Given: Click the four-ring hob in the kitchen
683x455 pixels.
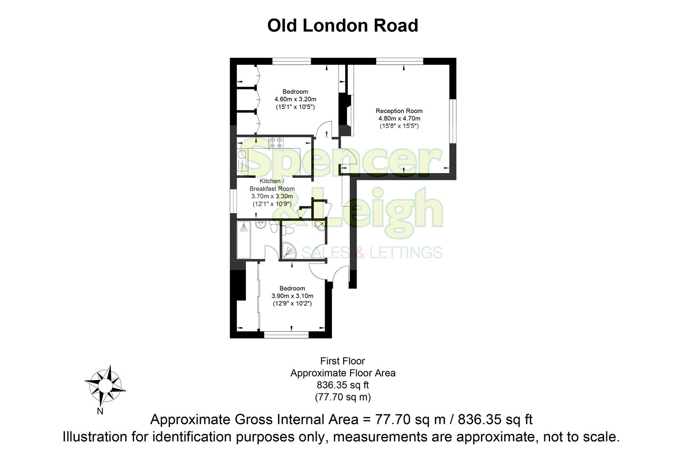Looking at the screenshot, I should click(276, 142).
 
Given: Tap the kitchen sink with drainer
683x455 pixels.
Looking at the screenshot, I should click(243, 161).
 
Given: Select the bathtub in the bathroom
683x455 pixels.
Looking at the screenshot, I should click(244, 240).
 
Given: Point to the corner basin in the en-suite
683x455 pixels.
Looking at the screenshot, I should click(320, 225).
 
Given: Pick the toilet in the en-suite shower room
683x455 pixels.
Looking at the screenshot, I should click(288, 230).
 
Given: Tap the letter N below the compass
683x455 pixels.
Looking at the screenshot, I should click(100, 412).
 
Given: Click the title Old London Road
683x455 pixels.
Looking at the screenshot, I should click(342, 25).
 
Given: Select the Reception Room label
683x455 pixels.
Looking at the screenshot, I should click(399, 111).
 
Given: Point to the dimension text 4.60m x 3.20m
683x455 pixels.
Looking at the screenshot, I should click(295, 99).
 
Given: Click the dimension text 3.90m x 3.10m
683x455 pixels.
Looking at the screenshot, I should click(292, 296).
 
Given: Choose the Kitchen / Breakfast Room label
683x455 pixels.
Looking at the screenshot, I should click(272, 185).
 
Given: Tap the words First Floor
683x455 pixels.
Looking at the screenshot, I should click(342, 361).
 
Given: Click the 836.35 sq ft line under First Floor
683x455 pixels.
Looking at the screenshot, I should click(342, 385).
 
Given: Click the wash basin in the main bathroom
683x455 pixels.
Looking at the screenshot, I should click(261, 225).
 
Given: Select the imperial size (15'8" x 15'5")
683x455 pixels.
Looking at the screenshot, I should click(399, 126).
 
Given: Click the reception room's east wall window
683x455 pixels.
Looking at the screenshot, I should click(452, 121).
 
